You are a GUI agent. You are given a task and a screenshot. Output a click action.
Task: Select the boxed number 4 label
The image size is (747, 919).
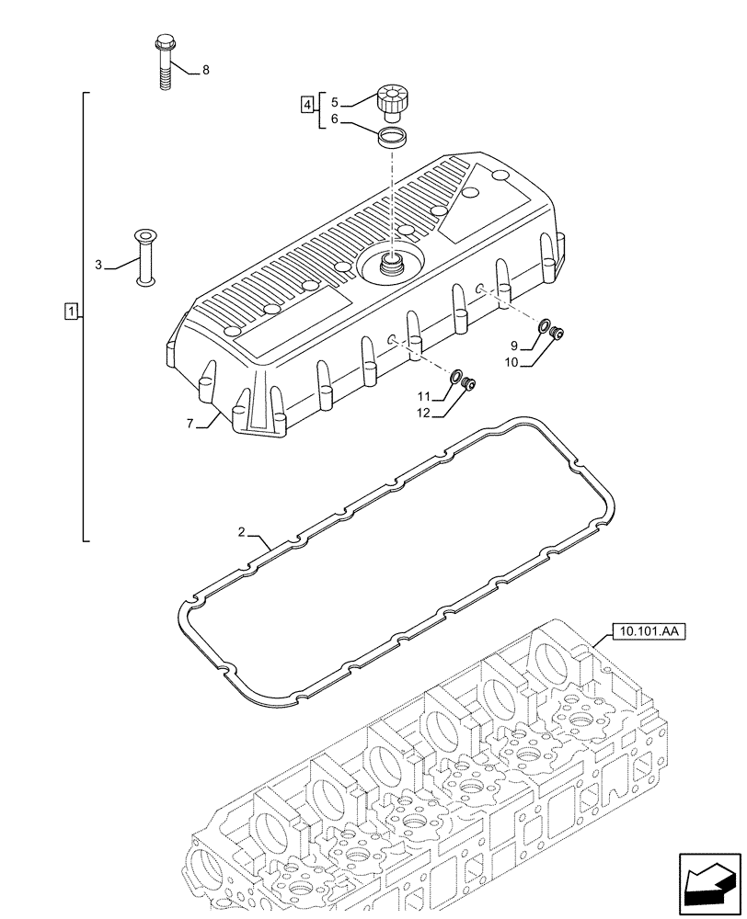coord(305,103)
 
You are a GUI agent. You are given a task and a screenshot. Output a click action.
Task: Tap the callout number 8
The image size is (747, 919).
coord(205,71)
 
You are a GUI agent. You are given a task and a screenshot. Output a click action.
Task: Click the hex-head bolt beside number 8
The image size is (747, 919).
coord(165,61)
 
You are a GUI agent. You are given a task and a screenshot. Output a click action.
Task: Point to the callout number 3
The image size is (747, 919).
coord(98,266)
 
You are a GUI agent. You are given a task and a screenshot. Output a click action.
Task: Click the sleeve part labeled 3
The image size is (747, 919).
coord(144,256)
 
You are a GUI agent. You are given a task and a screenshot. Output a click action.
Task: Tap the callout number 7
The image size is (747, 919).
coord(190,423)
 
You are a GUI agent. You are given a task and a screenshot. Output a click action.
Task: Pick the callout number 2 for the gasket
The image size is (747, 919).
coord(241,532)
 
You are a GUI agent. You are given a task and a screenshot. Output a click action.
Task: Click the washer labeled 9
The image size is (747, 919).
coord(545,326)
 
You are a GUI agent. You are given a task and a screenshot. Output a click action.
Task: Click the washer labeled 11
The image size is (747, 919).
coord(455,377)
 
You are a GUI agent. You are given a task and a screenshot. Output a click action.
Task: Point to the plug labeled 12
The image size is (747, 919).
coord(468,384)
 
